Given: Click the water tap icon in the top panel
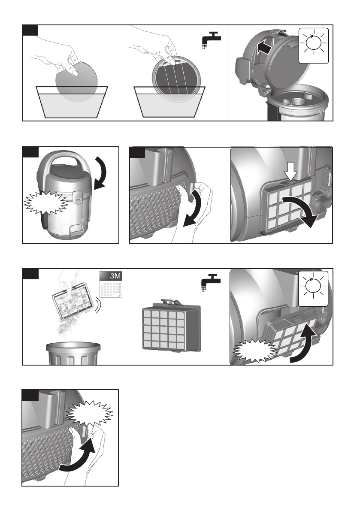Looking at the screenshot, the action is coord(211,39).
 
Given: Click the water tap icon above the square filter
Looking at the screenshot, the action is coord(211,283).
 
